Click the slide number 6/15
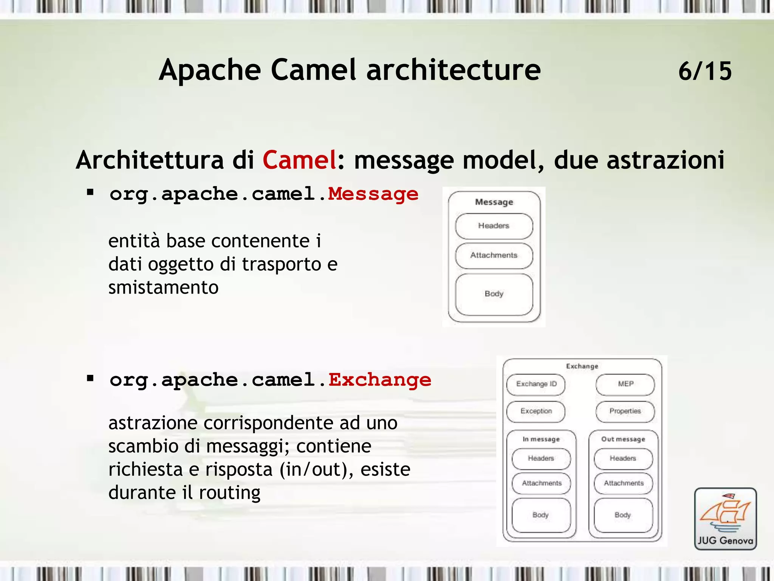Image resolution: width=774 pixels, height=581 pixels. point(705,71)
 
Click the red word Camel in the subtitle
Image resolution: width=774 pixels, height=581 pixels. point(299,160)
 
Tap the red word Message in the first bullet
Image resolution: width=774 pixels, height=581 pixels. point(373,194)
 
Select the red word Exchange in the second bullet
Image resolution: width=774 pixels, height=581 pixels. point(380,380)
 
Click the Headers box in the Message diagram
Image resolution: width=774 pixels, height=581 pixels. point(494,226)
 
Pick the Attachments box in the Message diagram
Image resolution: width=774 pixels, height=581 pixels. point(494,255)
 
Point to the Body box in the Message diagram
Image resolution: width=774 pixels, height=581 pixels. point(494,294)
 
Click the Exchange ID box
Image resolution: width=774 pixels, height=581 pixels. point(536,384)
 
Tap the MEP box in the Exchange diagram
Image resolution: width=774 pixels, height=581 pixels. point(625,384)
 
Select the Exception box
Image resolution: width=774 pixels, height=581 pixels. point(536,411)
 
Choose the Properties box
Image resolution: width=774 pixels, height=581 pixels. point(625,411)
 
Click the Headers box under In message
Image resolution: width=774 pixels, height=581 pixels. point(541,458)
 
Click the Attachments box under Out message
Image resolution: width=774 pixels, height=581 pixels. point(623,483)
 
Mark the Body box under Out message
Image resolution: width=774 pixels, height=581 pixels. point(623,515)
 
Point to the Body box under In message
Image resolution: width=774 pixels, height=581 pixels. point(541,515)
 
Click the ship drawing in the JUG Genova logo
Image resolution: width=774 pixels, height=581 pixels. point(725,513)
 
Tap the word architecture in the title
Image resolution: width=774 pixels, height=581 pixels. point(454,70)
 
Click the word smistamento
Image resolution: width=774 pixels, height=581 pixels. point(163,287)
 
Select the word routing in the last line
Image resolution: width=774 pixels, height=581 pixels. point(229,493)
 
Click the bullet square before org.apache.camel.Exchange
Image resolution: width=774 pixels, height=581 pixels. point(90,378)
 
